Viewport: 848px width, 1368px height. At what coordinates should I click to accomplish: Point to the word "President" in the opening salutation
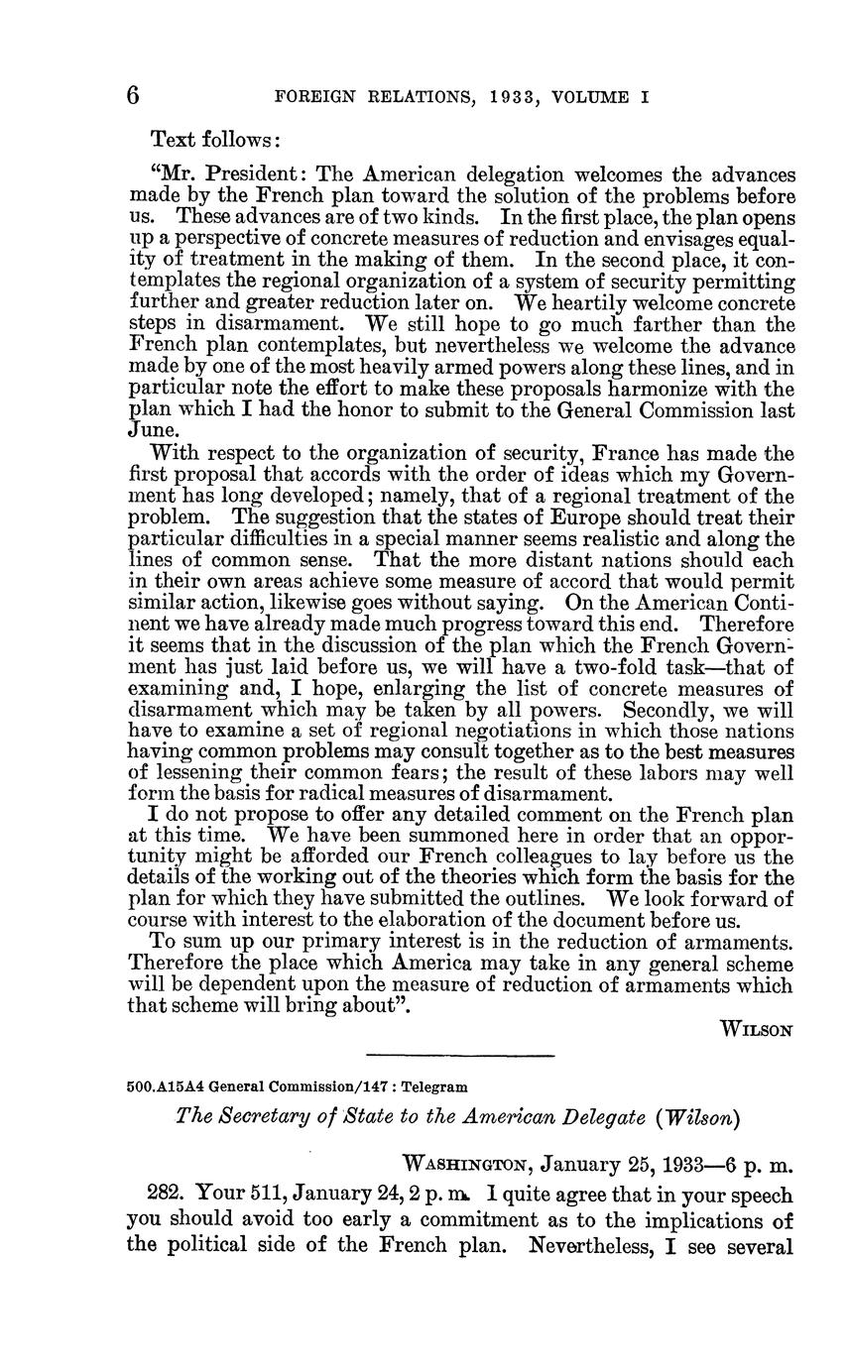(x=261, y=173)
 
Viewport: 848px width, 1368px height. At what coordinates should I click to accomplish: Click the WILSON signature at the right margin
(x=757, y=1029)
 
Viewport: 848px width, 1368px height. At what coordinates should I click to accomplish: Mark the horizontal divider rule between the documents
(x=459, y=1055)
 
